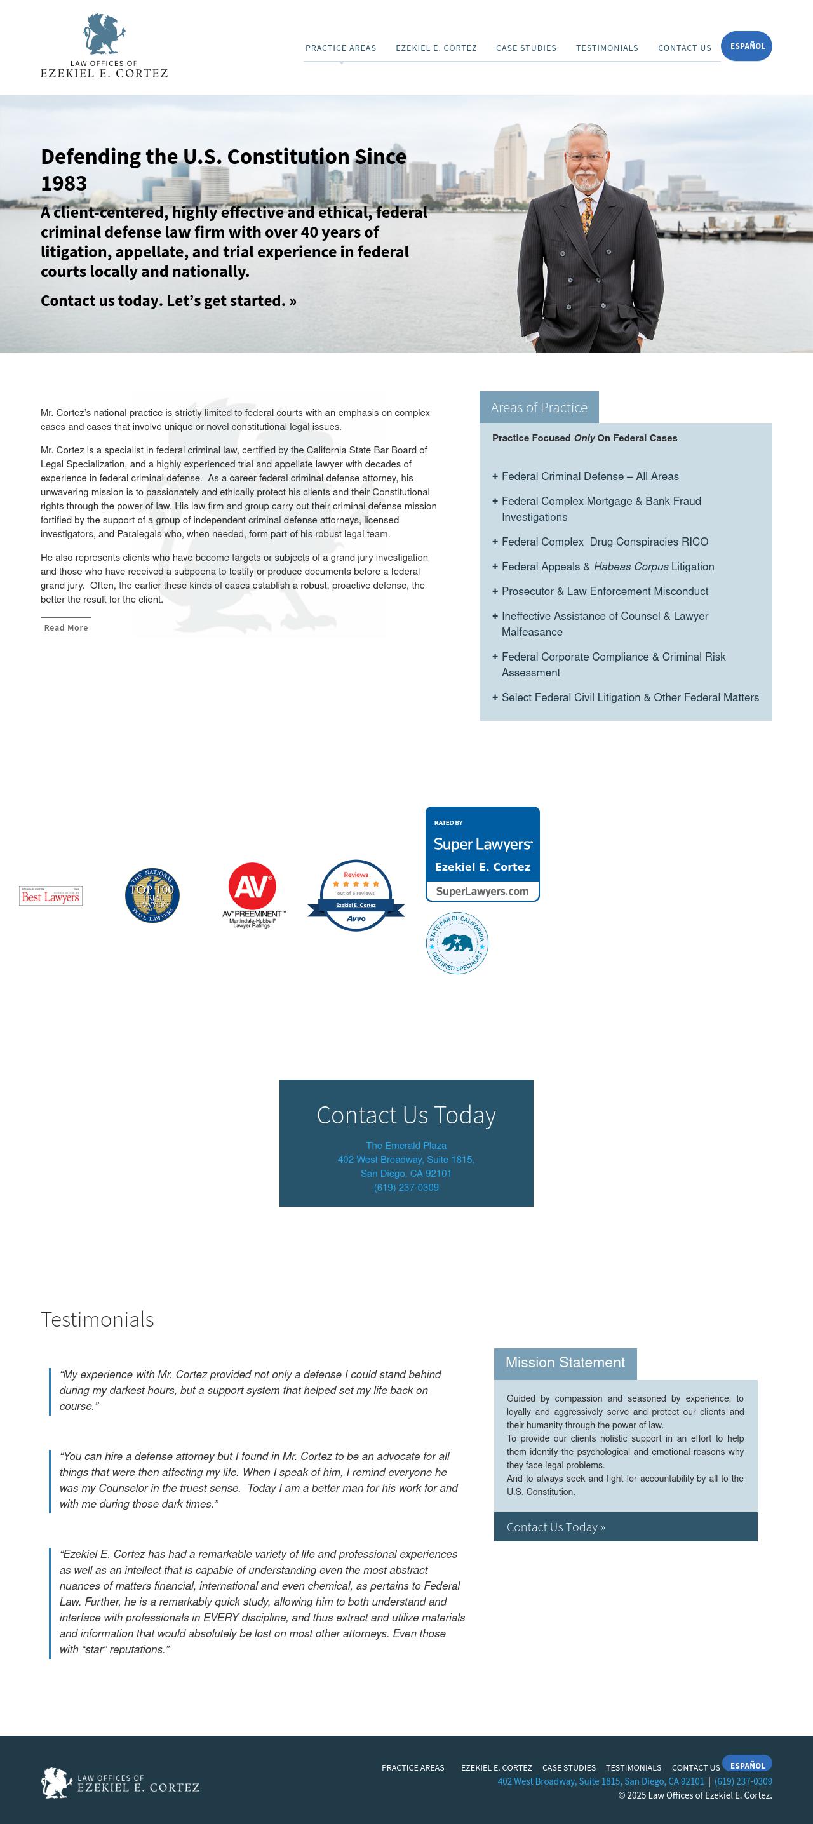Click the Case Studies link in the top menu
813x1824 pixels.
pos(525,48)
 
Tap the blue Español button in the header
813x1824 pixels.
pos(746,46)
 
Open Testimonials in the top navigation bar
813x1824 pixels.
pos(606,48)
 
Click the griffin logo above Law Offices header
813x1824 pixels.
pos(105,34)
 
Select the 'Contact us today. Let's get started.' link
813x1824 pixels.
pos(168,301)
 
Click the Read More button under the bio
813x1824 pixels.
pos(66,627)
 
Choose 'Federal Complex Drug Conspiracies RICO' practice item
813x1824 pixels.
pos(604,542)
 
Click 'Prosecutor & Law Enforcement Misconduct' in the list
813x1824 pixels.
pos(604,591)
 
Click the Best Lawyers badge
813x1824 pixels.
pos(50,895)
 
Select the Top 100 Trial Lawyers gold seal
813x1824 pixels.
pos(152,895)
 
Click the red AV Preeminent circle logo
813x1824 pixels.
pos(252,886)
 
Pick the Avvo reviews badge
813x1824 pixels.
pos(356,895)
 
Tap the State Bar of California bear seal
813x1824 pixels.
pos(457,942)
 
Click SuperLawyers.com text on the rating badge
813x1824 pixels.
pos(482,891)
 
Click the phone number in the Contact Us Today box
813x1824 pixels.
pos(406,1188)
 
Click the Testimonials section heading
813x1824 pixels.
pos(97,1319)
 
